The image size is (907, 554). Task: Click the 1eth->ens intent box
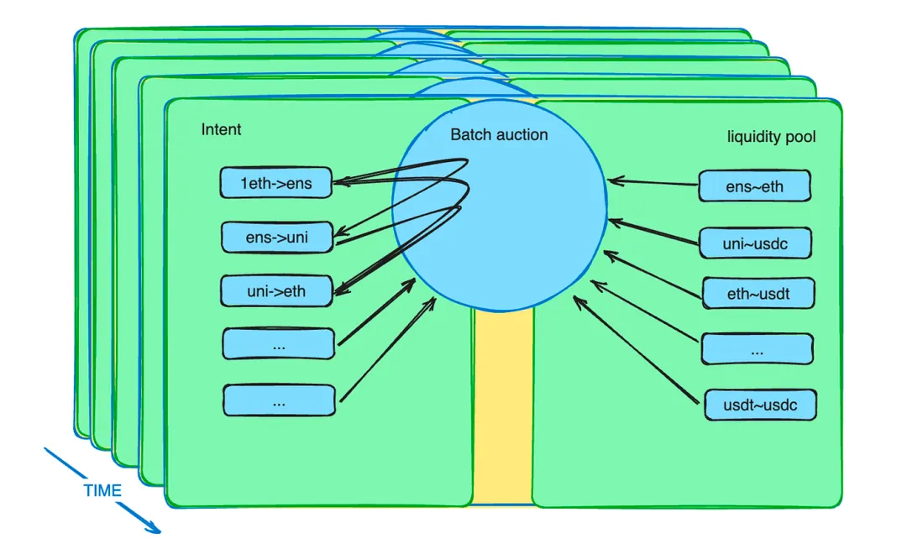276,183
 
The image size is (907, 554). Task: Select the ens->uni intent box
277,237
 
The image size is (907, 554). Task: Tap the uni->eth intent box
276,291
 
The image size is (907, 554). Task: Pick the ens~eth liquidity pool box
754,186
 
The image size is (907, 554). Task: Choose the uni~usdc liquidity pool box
756,243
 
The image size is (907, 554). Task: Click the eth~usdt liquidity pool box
758,293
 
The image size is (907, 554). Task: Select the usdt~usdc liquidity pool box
761,405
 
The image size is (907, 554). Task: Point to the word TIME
102,490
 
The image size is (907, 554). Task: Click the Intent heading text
221,129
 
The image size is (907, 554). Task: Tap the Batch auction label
499,135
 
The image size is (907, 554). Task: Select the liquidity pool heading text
771,137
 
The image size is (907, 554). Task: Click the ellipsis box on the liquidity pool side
758,348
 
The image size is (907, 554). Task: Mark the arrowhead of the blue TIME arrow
155,528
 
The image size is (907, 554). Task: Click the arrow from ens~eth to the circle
653,183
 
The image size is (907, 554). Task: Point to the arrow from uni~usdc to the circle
653,232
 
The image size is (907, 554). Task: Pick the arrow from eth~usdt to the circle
653,274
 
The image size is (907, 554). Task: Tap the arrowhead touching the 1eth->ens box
340,182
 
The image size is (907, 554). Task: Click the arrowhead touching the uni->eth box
341,289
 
